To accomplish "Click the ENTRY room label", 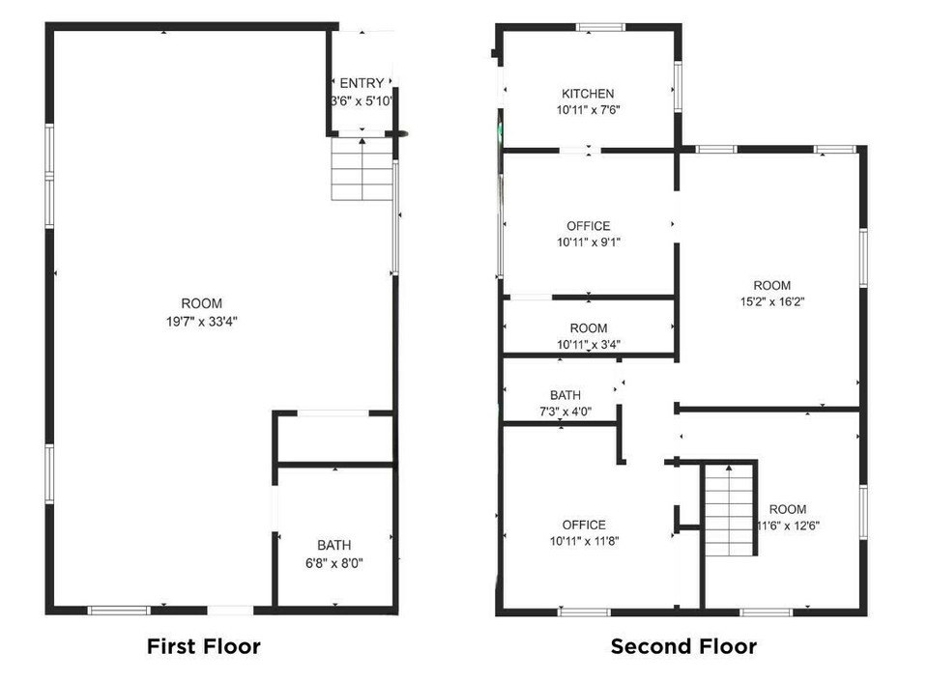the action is [362, 83].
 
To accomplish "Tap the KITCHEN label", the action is [588, 94].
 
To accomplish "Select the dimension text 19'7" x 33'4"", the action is [202, 322].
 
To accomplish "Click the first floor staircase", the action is [362, 169].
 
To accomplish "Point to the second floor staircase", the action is [729, 510].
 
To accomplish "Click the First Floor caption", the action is [204, 646].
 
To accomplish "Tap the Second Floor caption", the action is [683, 646].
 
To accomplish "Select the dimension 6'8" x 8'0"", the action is [334, 563].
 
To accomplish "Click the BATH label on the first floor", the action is [334, 545].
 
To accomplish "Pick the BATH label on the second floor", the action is [565, 395].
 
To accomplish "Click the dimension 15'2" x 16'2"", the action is [772, 301].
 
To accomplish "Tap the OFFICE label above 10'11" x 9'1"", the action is [589, 226].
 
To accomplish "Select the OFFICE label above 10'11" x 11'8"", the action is [584, 525].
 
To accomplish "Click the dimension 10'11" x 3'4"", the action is [589, 344].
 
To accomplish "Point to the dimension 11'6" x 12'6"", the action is [789, 526].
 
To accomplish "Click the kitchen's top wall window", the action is [600, 27].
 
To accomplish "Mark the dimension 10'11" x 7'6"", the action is [589, 109].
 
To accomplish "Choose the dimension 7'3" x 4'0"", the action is [565, 412].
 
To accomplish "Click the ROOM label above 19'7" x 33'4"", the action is [202, 303].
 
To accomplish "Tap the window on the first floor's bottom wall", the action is [119, 611].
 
